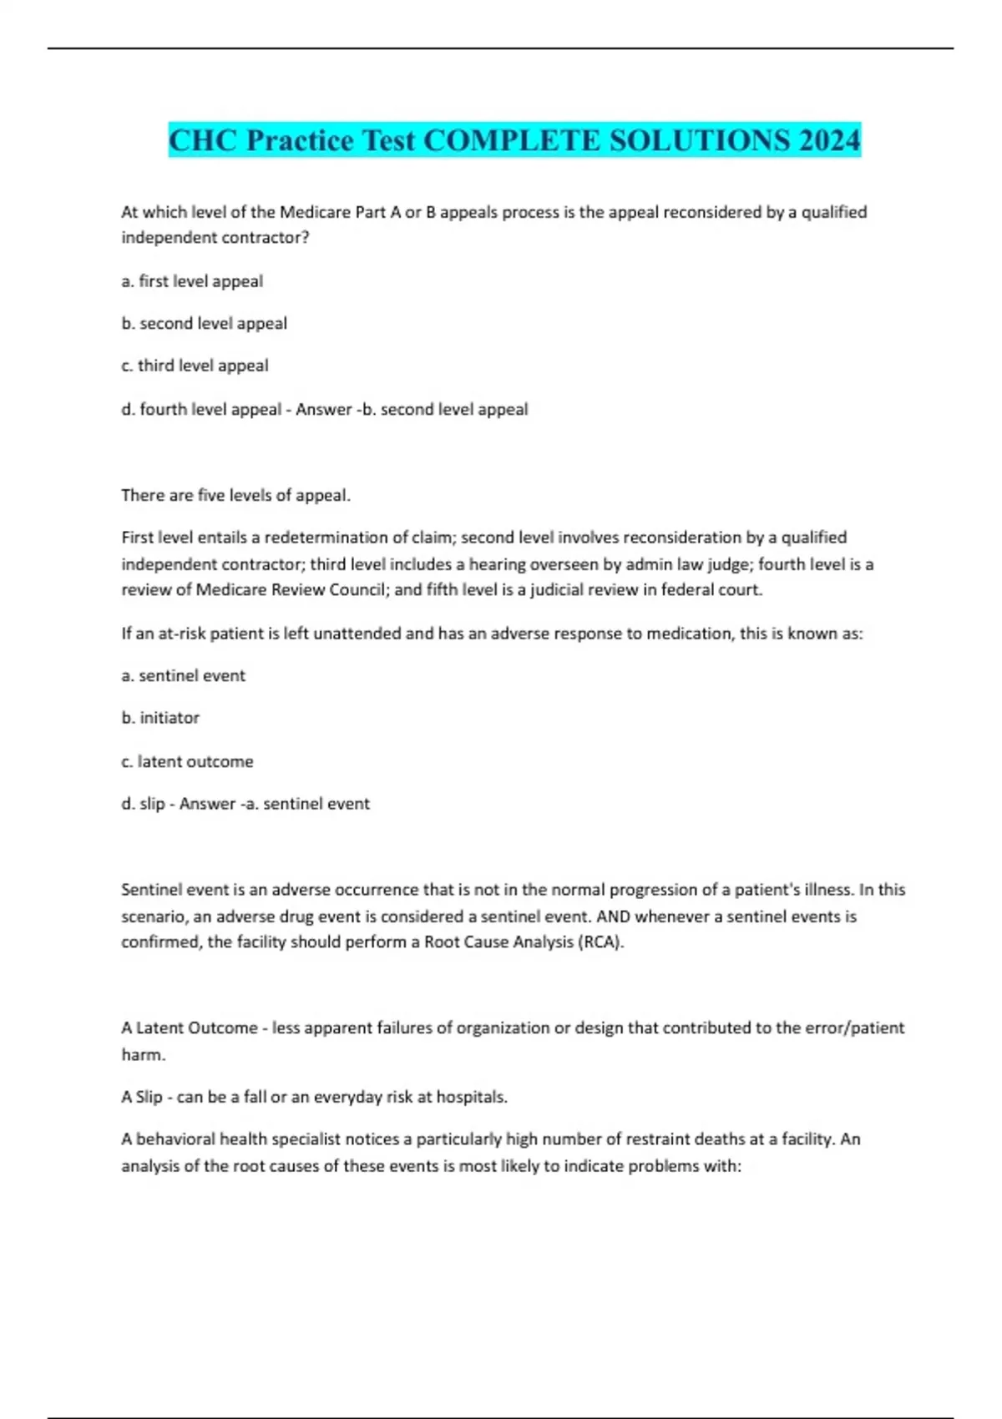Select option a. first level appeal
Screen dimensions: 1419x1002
click(x=192, y=281)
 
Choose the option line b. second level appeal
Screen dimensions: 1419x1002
click(x=205, y=323)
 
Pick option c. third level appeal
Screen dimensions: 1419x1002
click(x=195, y=366)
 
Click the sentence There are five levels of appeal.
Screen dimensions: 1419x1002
click(x=235, y=495)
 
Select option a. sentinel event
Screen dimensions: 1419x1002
click(x=184, y=675)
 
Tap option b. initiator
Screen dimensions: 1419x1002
click(x=160, y=718)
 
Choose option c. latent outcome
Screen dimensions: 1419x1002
click(x=187, y=761)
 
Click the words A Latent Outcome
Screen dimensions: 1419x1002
click(x=190, y=1028)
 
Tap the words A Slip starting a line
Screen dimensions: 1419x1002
click(x=142, y=1097)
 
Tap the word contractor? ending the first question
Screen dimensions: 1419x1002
click(x=267, y=238)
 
